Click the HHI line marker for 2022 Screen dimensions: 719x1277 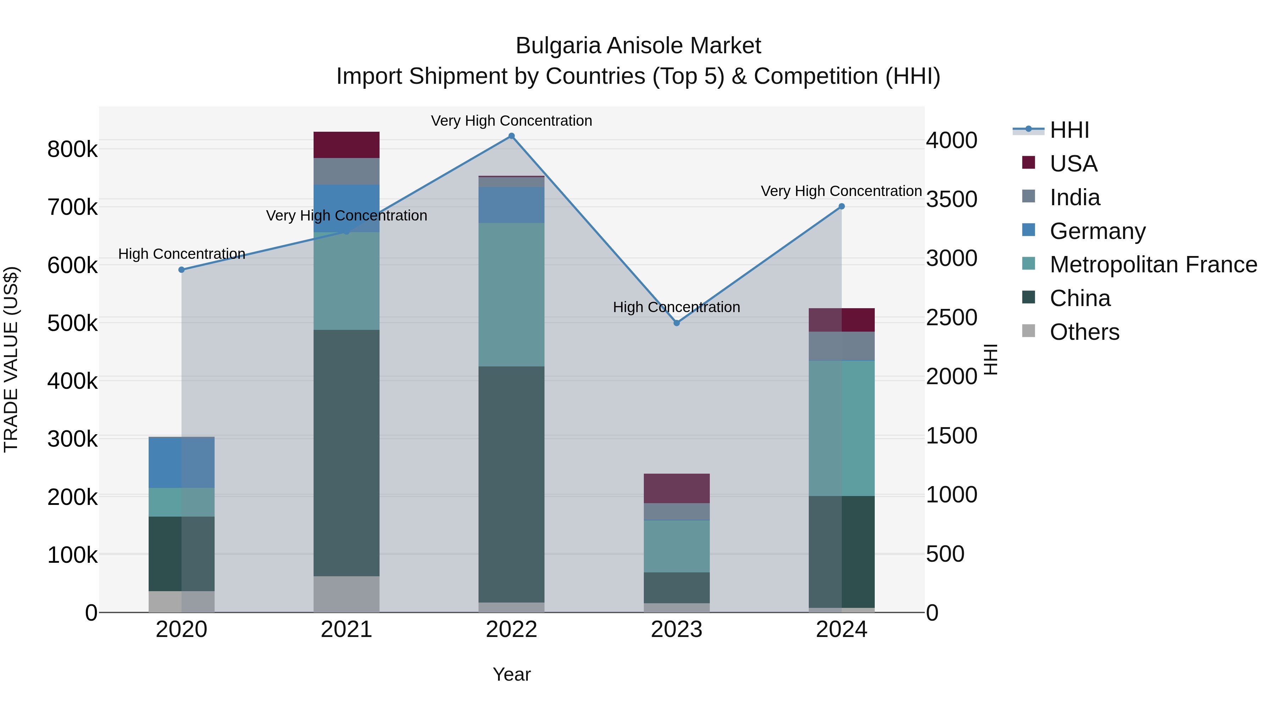(512, 136)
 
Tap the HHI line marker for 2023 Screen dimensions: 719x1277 (677, 323)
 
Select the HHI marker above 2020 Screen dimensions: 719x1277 (181, 270)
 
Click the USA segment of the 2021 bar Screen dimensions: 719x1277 (347, 145)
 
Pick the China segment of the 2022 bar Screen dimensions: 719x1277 (512, 484)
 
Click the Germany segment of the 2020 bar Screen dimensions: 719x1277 (181, 462)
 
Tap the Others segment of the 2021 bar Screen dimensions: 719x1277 (347, 594)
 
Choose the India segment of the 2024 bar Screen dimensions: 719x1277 (842, 346)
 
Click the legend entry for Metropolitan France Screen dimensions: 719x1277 (1153, 265)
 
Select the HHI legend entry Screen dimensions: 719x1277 (1069, 130)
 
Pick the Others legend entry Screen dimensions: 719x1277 (1084, 332)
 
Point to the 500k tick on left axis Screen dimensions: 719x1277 (72, 323)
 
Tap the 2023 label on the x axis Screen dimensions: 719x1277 (677, 630)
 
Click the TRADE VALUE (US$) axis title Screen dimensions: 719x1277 (11, 359)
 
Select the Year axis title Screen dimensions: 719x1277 (512, 674)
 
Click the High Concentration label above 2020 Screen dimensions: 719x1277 (181, 254)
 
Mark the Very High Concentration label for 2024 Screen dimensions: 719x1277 (841, 191)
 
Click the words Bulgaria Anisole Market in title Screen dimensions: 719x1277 (638, 46)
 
